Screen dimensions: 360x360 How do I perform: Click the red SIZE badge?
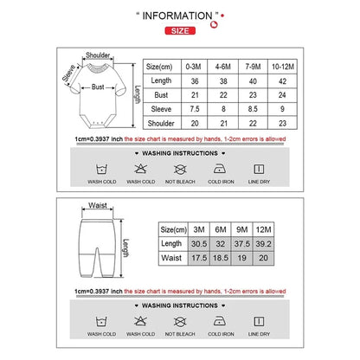[x=179, y=30]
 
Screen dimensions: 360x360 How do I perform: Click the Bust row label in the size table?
[x=161, y=94]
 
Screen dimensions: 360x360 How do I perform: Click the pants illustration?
[x=97, y=247]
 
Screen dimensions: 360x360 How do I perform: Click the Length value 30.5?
[x=197, y=243]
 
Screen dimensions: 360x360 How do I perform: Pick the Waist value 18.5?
[x=221, y=258]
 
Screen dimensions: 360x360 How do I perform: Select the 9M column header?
[x=243, y=228]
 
